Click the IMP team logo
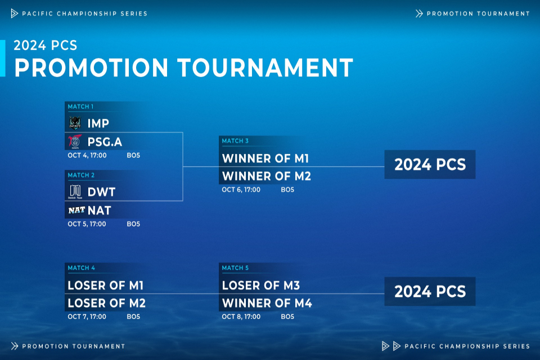click(75, 123)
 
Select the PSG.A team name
click(105, 142)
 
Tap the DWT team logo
click(75, 192)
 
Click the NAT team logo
click(76, 210)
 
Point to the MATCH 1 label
click(80, 107)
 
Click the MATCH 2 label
click(81, 175)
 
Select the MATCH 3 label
click(235, 141)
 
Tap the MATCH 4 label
click(81, 268)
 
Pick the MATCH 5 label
click(235, 268)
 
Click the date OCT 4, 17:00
click(87, 155)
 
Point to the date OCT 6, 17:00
click(241, 190)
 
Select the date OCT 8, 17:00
click(241, 317)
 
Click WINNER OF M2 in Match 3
click(267, 177)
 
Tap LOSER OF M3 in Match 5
click(261, 286)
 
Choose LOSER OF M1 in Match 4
click(105, 286)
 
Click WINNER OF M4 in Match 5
click(267, 303)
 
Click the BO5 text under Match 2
click(133, 224)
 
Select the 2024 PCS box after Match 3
click(430, 164)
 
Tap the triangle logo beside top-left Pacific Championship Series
click(14, 13)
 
